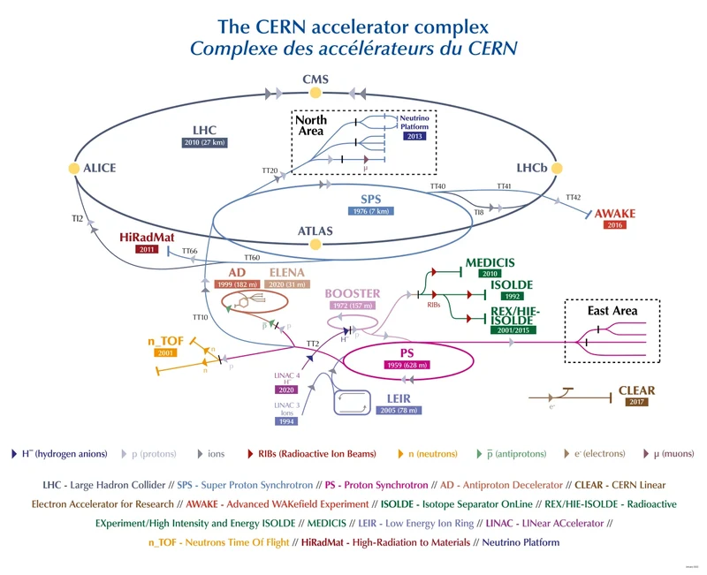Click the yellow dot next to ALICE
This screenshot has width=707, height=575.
[x=74, y=168]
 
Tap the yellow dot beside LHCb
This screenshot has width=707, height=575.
[x=558, y=168]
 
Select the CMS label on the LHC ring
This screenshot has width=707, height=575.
[x=315, y=79]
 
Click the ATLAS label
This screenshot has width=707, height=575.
[x=315, y=231]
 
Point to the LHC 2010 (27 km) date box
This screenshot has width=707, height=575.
[x=205, y=143]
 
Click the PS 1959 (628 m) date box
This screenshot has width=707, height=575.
[x=407, y=365]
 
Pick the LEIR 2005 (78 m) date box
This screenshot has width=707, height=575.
[x=398, y=411]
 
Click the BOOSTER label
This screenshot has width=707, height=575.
[x=352, y=293]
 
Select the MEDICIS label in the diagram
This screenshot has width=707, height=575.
[x=490, y=262]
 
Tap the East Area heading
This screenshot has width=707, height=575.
[x=612, y=311]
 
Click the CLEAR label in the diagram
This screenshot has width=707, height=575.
[x=636, y=390]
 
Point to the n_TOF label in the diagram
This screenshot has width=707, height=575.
[x=164, y=341]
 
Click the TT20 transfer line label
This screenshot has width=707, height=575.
[x=270, y=170]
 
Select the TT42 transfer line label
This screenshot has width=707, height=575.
[x=574, y=197]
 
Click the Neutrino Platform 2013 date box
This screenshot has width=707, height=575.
[x=414, y=137]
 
